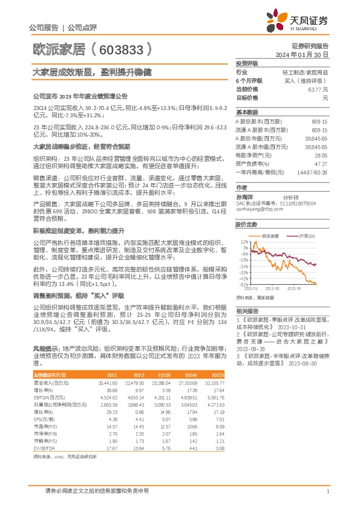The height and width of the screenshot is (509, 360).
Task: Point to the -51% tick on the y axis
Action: pos(242,284)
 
